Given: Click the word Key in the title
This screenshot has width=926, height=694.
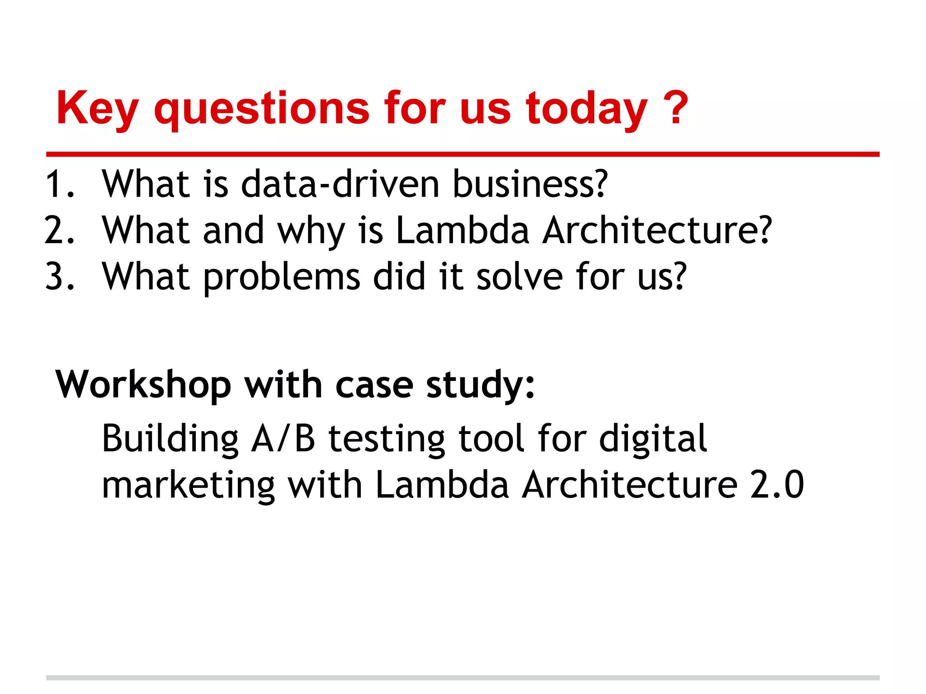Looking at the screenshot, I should pyautogui.click(x=97, y=108).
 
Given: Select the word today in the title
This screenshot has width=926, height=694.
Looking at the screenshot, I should pyautogui.click(x=586, y=108).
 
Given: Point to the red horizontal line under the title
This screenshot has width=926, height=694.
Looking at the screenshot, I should pyautogui.click(x=463, y=155).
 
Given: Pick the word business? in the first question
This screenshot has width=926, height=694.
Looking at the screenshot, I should pyautogui.click(x=530, y=184).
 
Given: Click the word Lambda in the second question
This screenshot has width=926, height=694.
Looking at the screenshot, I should pyautogui.click(x=462, y=230).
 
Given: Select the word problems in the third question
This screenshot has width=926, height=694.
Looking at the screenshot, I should pyautogui.click(x=281, y=277).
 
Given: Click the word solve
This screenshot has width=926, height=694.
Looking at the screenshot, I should pyautogui.click(x=520, y=277).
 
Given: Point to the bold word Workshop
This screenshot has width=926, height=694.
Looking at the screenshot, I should pyautogui.click(x=143, y=385).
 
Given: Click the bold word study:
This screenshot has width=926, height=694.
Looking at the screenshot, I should pyautogui.click(x=481, y=385).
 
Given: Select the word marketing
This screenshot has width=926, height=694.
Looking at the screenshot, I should pyautogui.click(x=188, y=485).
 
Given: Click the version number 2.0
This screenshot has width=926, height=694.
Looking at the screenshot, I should pyautogui.click(x=777, y=485).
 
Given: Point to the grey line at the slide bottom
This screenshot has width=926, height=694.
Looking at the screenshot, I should pyautogui.click(x=463, y=677).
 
